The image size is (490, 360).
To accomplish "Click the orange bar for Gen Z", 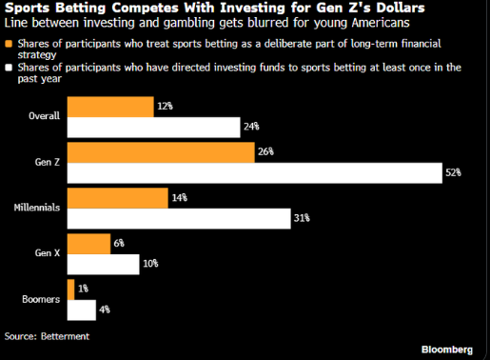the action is [161, 152].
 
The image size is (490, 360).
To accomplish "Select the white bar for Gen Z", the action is [255, 173].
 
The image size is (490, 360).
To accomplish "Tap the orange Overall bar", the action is [110, 107].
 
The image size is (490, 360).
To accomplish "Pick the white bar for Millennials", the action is [179, 218].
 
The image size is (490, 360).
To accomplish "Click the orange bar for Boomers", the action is [70, 290].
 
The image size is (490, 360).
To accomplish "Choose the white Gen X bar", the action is [103, 264].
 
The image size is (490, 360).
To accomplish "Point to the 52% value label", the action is [453, 172].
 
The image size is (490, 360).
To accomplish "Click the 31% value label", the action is [302, 218].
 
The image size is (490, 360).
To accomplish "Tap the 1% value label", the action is [83, 289].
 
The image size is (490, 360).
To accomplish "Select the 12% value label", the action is [165, 106].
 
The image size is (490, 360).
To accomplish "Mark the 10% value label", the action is [150, 264].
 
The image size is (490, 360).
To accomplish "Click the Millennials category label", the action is [37, 208].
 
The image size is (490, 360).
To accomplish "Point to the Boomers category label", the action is [41, 299].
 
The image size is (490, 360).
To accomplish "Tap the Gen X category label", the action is [48, 253].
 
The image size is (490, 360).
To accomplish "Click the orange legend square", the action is [9, 44].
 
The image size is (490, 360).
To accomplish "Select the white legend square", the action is [9, 68].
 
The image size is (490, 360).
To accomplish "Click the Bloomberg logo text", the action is [447, 350].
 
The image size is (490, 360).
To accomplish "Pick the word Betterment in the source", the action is [65, 336].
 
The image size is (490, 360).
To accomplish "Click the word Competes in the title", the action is [145, 8].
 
